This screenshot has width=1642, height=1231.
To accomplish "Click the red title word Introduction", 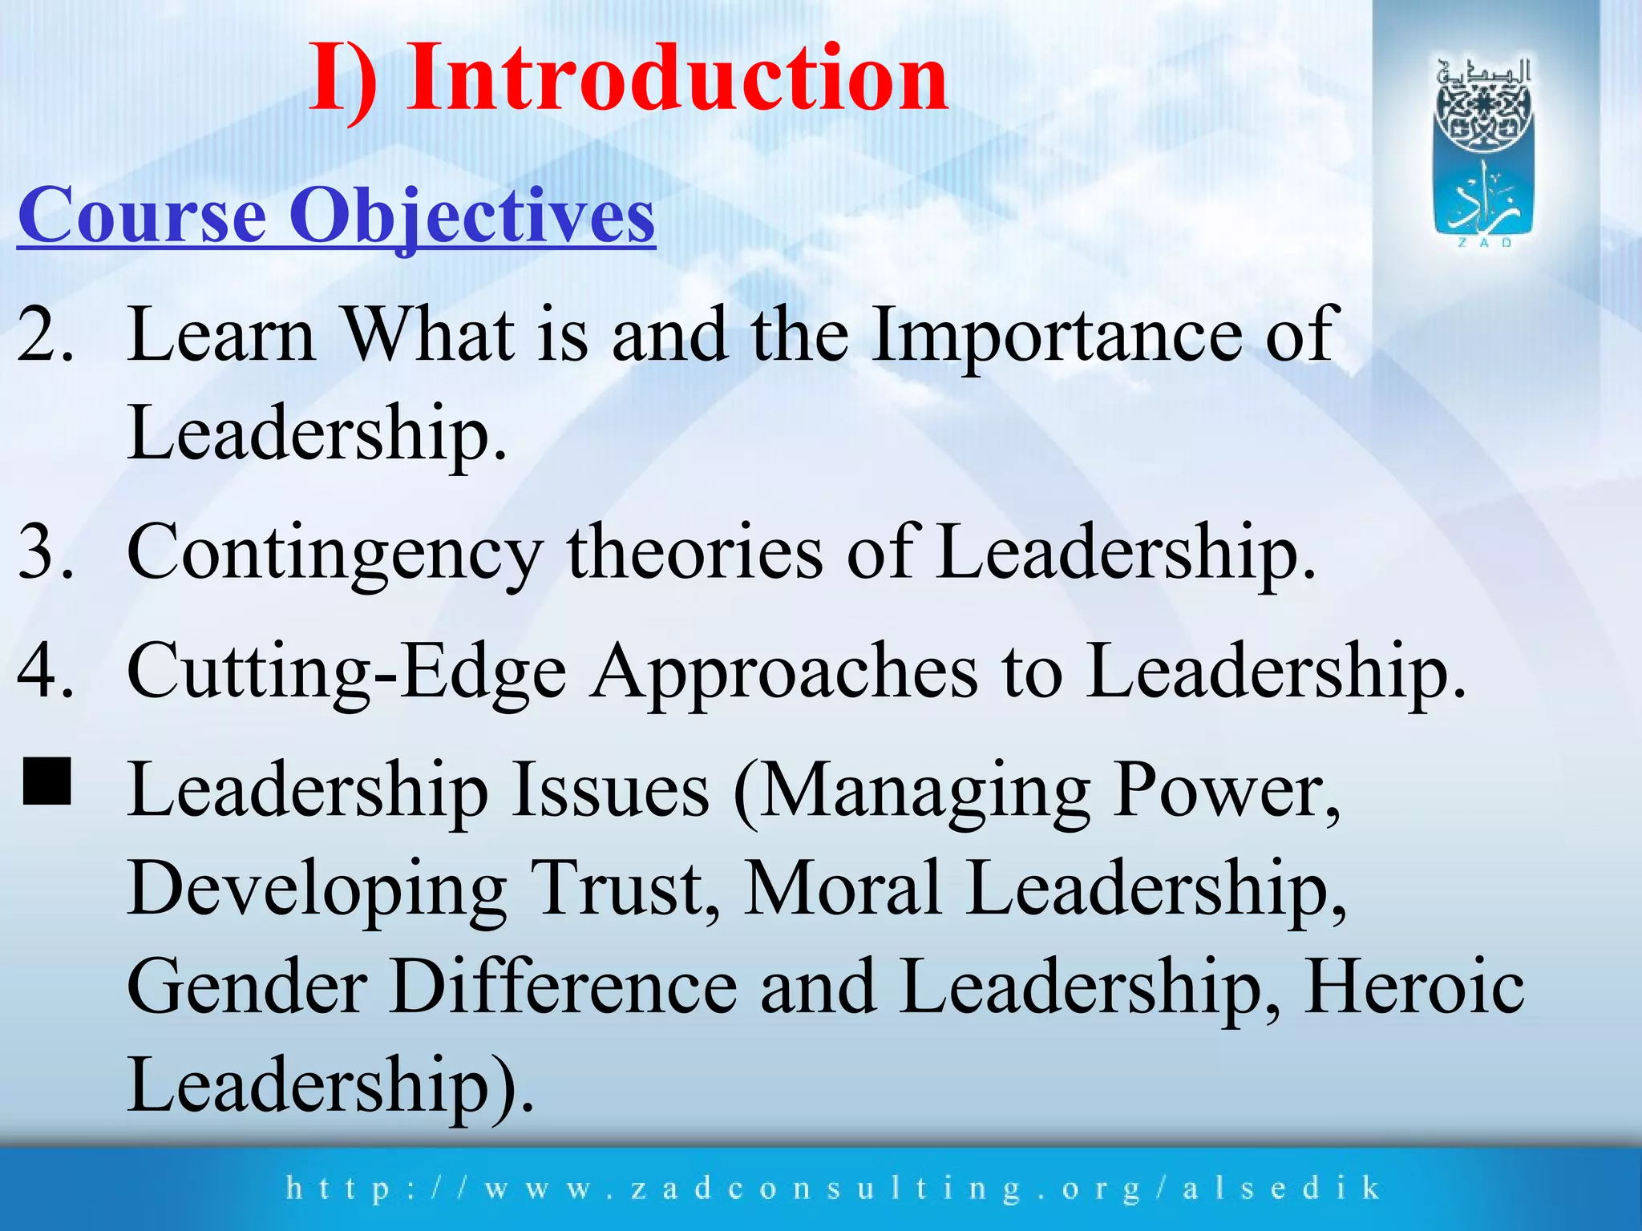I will [x=677, y=78].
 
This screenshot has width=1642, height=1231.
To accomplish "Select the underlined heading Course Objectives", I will [x=337, y=215].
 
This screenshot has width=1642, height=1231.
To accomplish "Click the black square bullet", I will [x=47, y=781].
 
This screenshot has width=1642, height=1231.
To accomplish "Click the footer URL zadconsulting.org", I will [x=834, y=1188].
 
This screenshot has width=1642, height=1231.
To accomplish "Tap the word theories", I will [x=694, y=551].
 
